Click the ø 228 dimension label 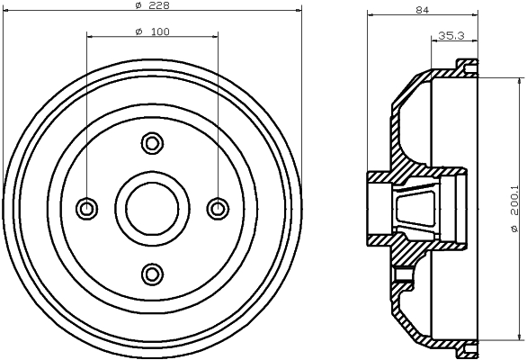coord(153,5)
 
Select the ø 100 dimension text coord(152,31)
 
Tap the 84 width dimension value coord(423,10)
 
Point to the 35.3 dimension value coord(451,35)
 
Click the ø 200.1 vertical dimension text coord(514,208)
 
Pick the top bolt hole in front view coord(152,143)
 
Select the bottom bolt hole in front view coord(152,274)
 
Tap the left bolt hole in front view coord(87,209)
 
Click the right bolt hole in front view coord(218,209)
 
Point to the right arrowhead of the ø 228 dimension coord(299,11)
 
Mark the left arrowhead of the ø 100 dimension coord(91,37)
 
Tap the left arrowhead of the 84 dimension coord(371,14)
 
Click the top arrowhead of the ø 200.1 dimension coord(521,81)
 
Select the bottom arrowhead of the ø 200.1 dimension coord(521,337)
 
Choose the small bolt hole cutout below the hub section coord(403,274)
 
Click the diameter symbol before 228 coord(138,5)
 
